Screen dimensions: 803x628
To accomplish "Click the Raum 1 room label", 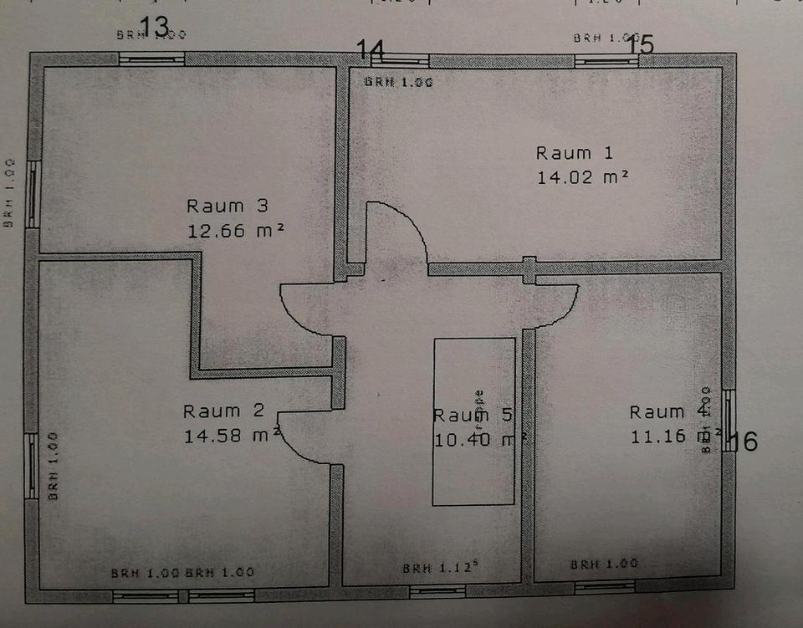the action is (574, 153).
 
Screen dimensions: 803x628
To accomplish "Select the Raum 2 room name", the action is (223, 411).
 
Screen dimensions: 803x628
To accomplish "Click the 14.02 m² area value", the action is (582, 177).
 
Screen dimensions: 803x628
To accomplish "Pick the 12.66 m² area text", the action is (236, 231).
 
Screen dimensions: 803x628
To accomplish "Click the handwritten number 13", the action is (155, 26).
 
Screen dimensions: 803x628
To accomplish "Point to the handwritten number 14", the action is (371, 49).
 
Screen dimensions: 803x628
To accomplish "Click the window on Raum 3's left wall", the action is (32, 194).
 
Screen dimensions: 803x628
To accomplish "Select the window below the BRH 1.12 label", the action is (437, 590).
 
